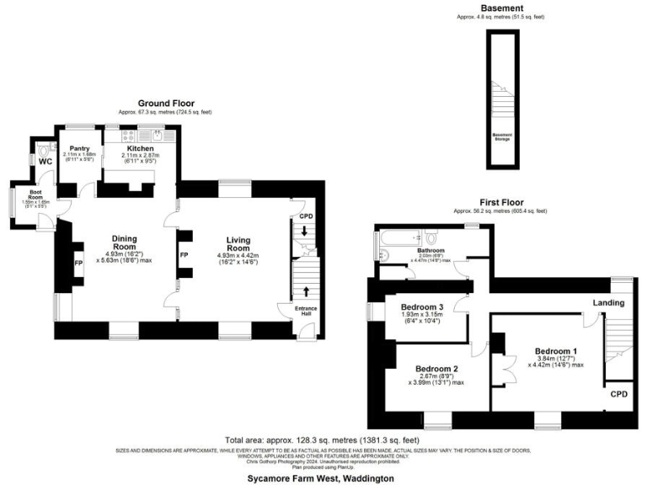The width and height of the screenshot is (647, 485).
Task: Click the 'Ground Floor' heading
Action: pyautogui.click(x=164, y=102)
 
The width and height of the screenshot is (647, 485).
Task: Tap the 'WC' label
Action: pyautogui.click(x=45, y=162)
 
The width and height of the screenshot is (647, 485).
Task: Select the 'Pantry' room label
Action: pyautogui.click(x=79, y=148)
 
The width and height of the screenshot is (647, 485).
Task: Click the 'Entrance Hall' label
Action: pyautogui.click(x=305, y=312)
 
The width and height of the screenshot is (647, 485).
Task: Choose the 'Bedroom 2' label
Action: pyautogui.click(x=438, y=368)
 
